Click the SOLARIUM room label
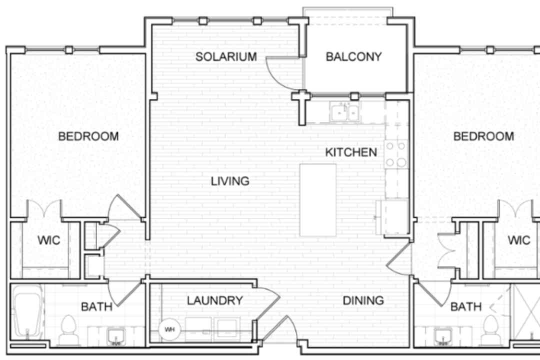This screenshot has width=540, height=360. (226, 56)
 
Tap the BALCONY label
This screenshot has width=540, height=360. (353, 56)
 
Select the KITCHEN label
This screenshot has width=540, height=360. (351, 152)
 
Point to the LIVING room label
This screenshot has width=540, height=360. (230, 181)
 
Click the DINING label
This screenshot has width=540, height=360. (363, 300)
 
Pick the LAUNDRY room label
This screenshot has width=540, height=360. (215, 300)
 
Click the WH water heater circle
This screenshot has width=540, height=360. (169, 329)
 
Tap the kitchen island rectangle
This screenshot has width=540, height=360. (318, 200)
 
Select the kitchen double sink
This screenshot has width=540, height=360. (344, 111)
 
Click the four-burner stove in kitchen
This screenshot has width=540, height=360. (395, 154)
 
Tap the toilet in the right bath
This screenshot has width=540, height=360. (490, 329)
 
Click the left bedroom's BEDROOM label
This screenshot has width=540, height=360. (88, 136)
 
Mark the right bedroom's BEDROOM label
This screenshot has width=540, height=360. (483, 136)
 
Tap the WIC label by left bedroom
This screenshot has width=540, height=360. (48, 240)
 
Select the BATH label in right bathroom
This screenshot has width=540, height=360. (466, 306)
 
